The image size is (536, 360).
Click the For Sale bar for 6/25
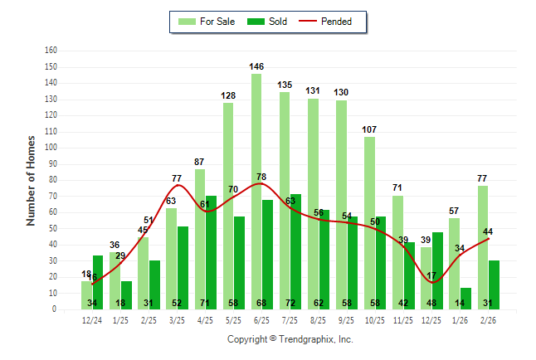(x=256, y=191)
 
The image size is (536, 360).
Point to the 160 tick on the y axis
(x=50, y=51)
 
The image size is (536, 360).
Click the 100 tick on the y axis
(x=50, y=148)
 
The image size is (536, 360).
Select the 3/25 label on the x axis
(x=178, y=320)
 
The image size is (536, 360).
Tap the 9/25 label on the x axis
(x=348, y=320)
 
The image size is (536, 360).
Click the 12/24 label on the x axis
(x=92, y=320)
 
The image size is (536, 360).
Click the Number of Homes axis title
(x=31, y=180)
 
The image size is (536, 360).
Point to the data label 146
(x=256, y=66)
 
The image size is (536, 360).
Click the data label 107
(x=369, y=129)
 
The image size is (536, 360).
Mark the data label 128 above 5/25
(x=228, y=95)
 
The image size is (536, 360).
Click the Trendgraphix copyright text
(x=290, y=339)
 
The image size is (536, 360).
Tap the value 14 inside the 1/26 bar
(x=465, y=303)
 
